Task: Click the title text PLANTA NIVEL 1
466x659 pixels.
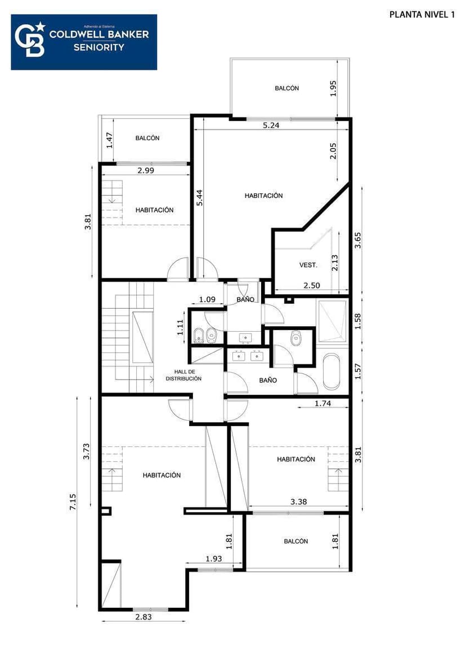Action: pos(422,15)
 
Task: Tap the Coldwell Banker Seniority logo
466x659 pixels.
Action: pos(84,42)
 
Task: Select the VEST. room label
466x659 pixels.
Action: pos(308,265)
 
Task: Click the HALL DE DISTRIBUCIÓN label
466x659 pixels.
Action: pos(183,375)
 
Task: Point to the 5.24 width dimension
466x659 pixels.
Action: pos(271,125)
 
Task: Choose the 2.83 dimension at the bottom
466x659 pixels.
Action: pos(143,616)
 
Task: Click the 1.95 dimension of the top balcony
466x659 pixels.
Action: pos(333,88)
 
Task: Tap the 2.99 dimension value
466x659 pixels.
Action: pos(145,170)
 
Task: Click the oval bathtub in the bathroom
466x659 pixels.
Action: pos(331,371)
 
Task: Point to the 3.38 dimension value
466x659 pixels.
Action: pos(298,502)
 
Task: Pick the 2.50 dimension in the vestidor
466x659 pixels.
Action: pos(311,286)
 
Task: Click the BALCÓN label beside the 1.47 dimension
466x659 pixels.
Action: pos(147,138)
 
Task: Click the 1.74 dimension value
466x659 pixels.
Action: pos(323,403)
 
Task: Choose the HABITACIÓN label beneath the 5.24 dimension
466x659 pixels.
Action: pos(263,196)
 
